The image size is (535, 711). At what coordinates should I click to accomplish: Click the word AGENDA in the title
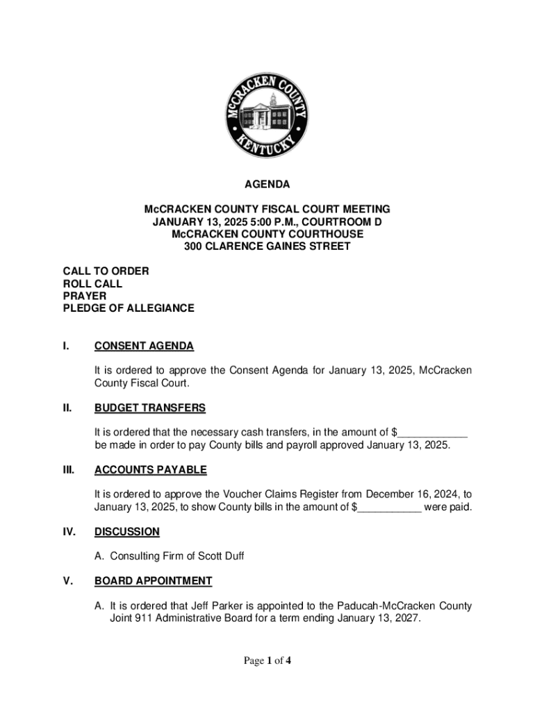click(267, 185)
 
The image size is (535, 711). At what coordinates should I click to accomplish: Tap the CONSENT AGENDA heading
click(144, 346)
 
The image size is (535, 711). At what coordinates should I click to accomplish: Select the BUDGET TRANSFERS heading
click(150, 408)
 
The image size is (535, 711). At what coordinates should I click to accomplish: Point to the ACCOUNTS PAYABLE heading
click(151, 470)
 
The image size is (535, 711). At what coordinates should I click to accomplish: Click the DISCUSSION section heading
click(127, 532)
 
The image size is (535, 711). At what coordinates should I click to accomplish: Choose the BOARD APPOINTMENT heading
click(154, 580)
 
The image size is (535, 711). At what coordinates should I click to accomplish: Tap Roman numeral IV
click(69, 532)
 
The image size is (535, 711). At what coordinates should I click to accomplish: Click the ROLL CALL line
click(92, 283)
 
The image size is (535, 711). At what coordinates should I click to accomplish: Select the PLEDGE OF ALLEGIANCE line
click(129, 308)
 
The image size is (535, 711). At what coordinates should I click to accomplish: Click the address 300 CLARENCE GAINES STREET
click(267, 246)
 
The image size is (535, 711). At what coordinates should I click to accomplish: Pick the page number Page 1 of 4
click(267, 661)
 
